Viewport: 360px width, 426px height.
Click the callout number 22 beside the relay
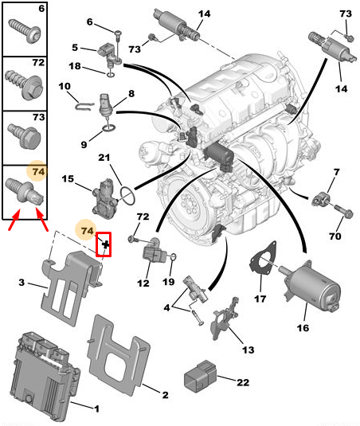point(243,382)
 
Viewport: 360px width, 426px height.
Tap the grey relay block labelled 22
point(201,376)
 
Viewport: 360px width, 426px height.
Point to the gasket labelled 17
point(263,256)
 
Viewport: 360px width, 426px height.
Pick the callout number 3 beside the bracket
point(22,283)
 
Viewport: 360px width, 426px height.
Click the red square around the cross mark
point(104,244)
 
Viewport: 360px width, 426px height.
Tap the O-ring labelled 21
point(127,195)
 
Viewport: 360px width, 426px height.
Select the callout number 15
point(68,179)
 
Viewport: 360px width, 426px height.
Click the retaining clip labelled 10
point(84,106)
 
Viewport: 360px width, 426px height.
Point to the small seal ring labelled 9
point(109,127)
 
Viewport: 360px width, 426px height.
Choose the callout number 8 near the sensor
point(131,94)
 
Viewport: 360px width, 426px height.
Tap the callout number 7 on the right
point(337,172)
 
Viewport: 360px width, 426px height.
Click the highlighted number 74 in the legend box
point(38,172)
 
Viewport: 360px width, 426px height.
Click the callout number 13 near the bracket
point(248,350)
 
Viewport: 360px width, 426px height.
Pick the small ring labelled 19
point(174,256)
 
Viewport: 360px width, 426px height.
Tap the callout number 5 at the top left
point(75,48)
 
